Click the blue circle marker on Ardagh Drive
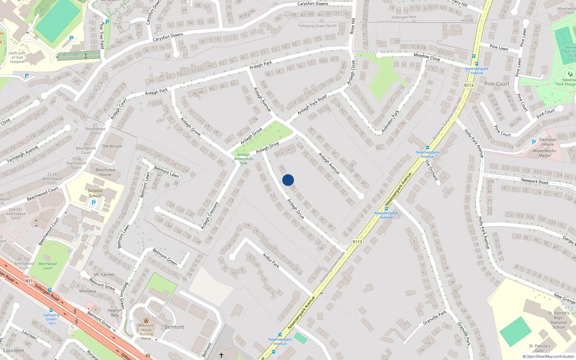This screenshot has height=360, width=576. [x=288, y=180]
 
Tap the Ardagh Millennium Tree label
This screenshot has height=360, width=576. [x=244, y=159]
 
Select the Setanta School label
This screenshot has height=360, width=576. [x=95, y=193]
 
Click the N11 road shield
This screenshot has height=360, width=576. [x=29, y=281]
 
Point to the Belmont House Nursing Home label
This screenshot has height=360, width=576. [x=146, y=332]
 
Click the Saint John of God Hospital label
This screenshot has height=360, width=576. [x=17, y=57]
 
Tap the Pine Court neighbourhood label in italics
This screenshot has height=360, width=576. [x=497, y=84]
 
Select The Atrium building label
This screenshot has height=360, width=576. [x=112, y=146]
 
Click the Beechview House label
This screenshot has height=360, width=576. [x=105, y=172]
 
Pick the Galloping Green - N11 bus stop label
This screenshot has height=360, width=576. [x=51, y=319]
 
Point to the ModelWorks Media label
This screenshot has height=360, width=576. [x=544, y=153]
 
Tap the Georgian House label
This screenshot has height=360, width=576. [x=548, y=142]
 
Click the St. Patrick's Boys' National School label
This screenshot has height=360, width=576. [x=559, y=320]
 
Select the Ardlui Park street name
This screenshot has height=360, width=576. [x=271, y=260]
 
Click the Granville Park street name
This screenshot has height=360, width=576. [x=435, y=318]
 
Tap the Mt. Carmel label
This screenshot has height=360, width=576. [x=104, y=274]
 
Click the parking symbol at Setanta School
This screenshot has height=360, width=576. [x=94, y=203]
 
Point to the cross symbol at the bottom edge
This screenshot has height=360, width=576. [x=221, y=355]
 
